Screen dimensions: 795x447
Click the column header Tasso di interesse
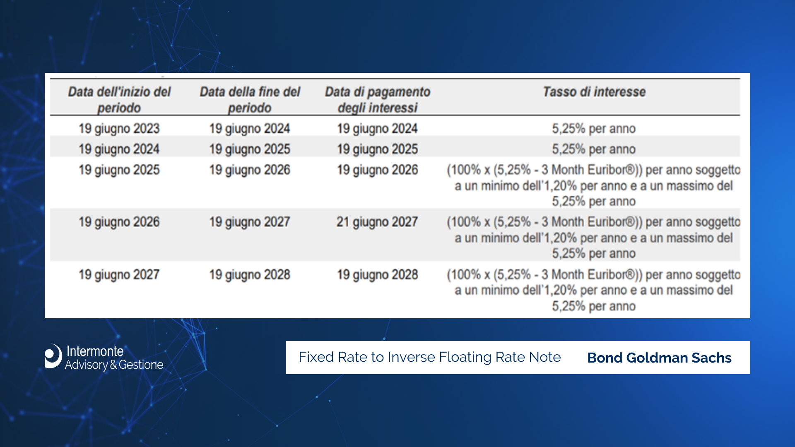[594, 91]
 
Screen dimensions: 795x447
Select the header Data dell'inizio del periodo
[119, 100]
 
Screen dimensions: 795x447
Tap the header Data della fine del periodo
[250, 100]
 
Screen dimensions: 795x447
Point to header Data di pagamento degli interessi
[378, 100]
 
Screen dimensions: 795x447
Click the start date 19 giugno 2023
[119, 129]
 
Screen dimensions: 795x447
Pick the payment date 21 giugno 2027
[377, 222]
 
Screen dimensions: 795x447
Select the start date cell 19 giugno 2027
[119, 275]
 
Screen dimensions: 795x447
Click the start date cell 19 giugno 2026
[119, 222]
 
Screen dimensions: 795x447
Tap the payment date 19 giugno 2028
[378, 275]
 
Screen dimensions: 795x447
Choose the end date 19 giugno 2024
[250, 129]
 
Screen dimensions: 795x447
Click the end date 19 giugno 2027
[250, 222]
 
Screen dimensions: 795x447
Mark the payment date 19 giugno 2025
[378, 149]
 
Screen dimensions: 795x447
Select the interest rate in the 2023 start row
[594, 129]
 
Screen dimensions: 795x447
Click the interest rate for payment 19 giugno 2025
[594, 149]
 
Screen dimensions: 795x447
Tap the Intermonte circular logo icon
[53, 356]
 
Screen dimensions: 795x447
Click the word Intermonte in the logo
[95, 351]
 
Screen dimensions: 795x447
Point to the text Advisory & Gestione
[114, 365]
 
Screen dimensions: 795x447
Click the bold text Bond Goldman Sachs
[659, 358]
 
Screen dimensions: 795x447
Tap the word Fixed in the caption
[316, 357]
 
